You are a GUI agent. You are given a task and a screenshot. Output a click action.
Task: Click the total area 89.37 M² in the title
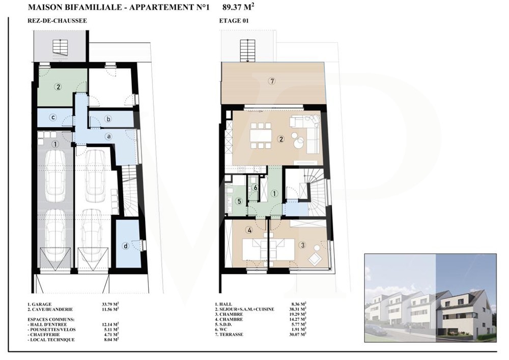238,7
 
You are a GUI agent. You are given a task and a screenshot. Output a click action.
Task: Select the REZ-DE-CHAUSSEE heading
58,21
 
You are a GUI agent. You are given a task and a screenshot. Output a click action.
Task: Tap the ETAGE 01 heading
234,21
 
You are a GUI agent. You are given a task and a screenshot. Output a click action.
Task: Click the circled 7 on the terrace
272,81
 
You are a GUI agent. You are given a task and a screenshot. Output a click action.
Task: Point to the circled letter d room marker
126,246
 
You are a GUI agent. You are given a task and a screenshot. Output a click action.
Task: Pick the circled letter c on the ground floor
53,118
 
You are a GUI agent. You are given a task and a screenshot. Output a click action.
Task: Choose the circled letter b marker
108,119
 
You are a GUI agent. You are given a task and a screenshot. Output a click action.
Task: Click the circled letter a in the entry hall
109,136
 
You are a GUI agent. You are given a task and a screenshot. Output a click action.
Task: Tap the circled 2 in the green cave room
58,87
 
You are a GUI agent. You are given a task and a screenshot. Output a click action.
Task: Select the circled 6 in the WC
256,187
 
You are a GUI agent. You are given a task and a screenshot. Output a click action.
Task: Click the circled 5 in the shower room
239,202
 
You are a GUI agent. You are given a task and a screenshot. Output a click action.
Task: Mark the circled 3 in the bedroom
302,245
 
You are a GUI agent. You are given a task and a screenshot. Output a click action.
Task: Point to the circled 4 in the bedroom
249,230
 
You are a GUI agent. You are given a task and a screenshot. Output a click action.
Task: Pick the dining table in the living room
261,135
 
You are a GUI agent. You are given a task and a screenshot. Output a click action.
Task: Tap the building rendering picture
431,298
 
